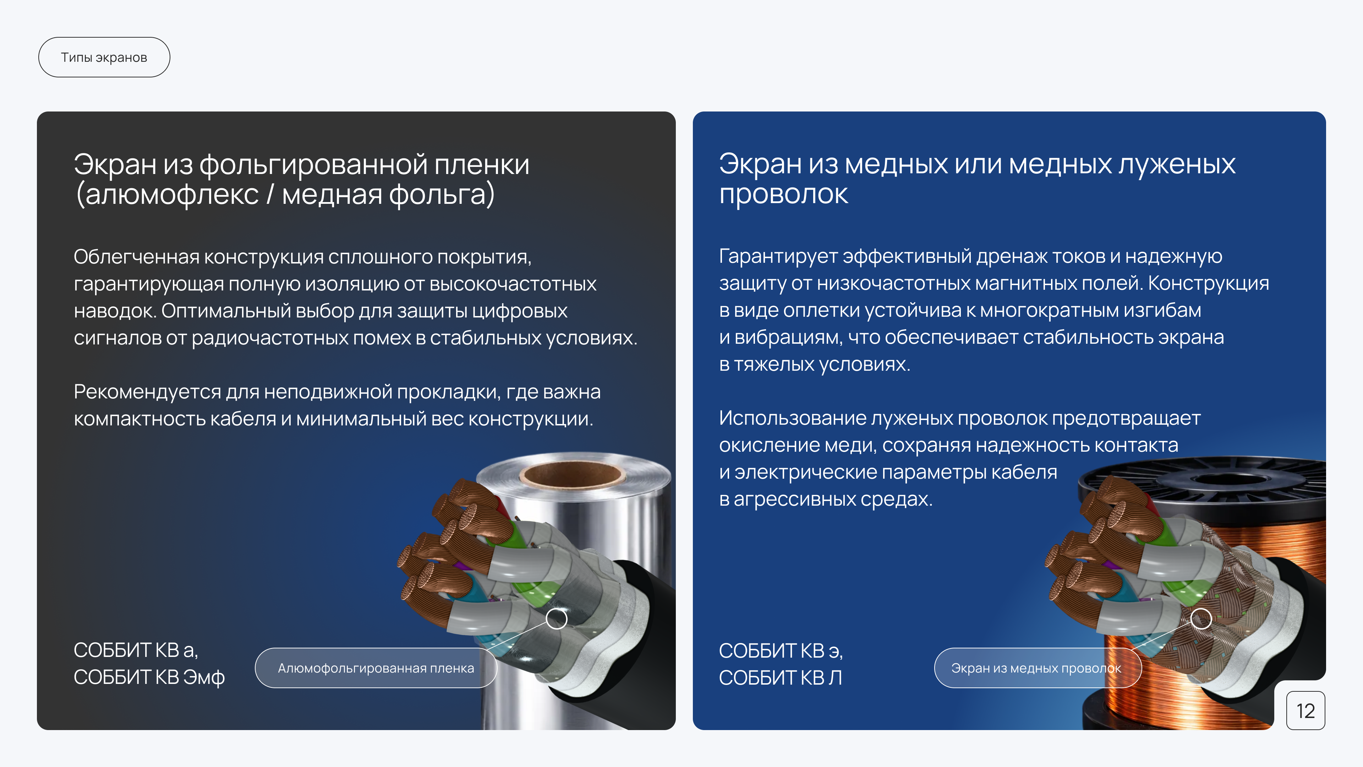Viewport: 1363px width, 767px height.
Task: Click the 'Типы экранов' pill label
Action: coord(104,57)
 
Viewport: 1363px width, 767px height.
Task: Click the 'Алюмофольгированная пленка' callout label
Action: coord(376,668)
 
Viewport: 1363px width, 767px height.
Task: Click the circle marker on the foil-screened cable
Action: coord(556,618)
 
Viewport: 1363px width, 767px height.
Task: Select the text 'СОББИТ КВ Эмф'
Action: coord(149,678)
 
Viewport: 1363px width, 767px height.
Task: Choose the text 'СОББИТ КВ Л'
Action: coord(780,678)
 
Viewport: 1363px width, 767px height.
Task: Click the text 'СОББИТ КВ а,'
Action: coord(136,650)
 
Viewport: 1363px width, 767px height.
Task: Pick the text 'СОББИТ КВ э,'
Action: coord(781,651)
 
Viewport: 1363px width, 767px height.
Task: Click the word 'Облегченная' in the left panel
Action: coord(137,257)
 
